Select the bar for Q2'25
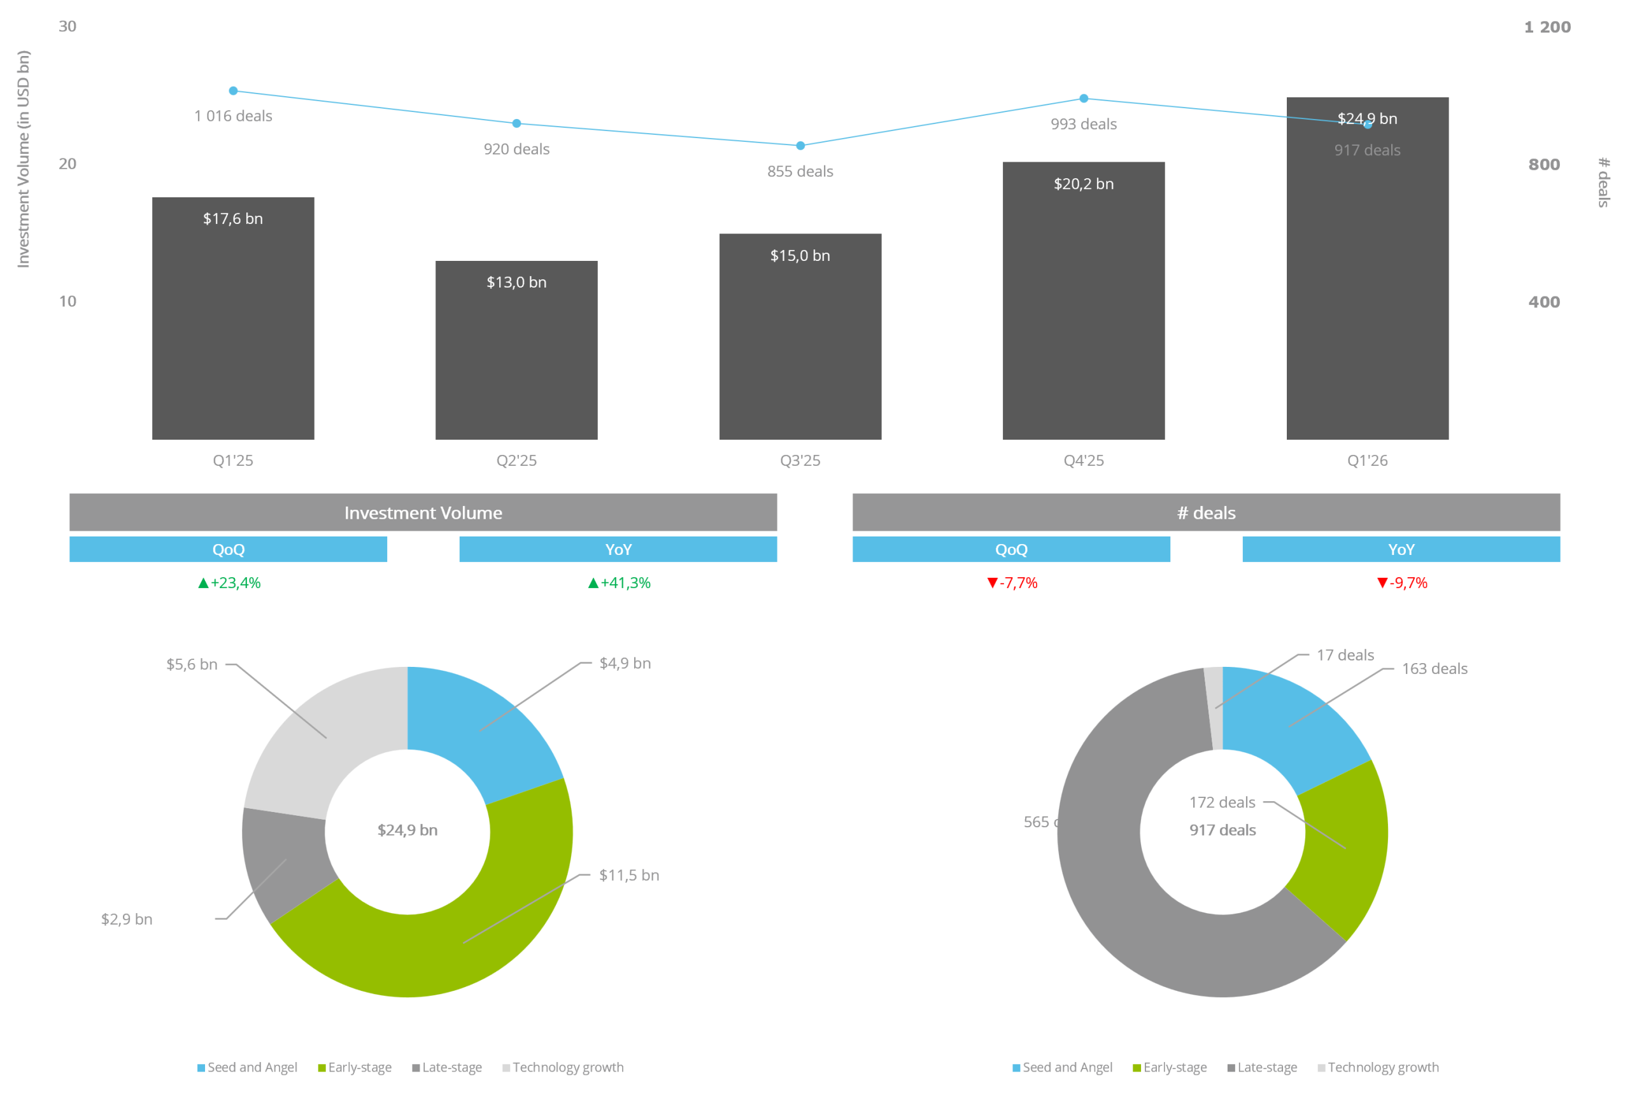(x=516, y=351)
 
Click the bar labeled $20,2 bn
(x=1083, y=302)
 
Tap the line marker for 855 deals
(x=800, y=146)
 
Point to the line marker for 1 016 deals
(x=234, y=90)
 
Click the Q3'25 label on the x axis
(x=800, y=461)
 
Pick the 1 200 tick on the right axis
(x=1547, y=27)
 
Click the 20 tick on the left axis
(x=67, y=164)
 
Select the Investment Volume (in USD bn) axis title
(x=24, y=159)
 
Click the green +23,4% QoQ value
(x=229, y=583)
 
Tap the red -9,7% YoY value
(x=1401, y=583)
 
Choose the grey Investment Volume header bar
(x=423, y=512)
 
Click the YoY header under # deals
(x=1401, y=550)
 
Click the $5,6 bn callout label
(x=192, y=664)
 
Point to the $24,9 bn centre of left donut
(x=407, y=830)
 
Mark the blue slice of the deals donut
(x=1290, y=722)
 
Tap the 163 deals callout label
(x=1434, y=669)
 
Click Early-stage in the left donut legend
(x=360, y=1067)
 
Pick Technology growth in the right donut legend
(x=1382, y=1067)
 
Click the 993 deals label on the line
(x=1083, y=125)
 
